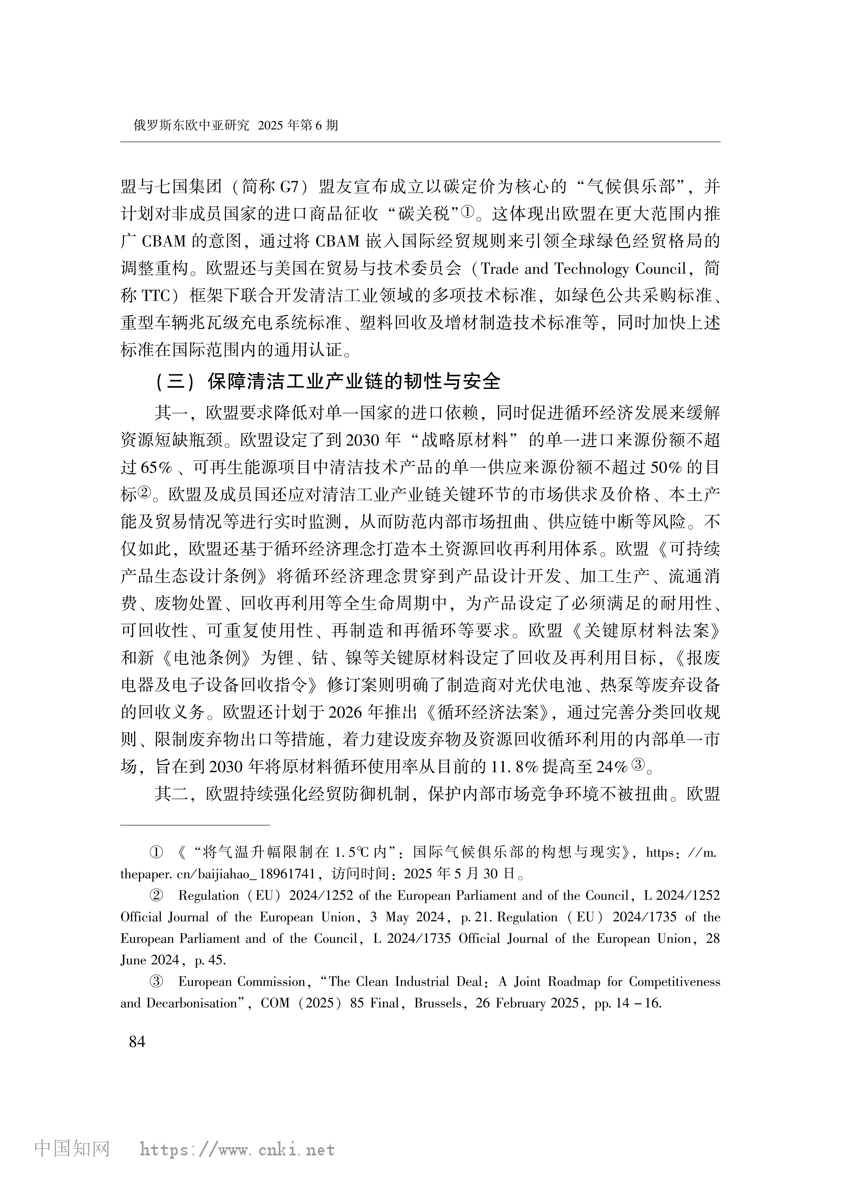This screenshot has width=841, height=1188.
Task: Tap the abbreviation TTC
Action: [x=155, y=296]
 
